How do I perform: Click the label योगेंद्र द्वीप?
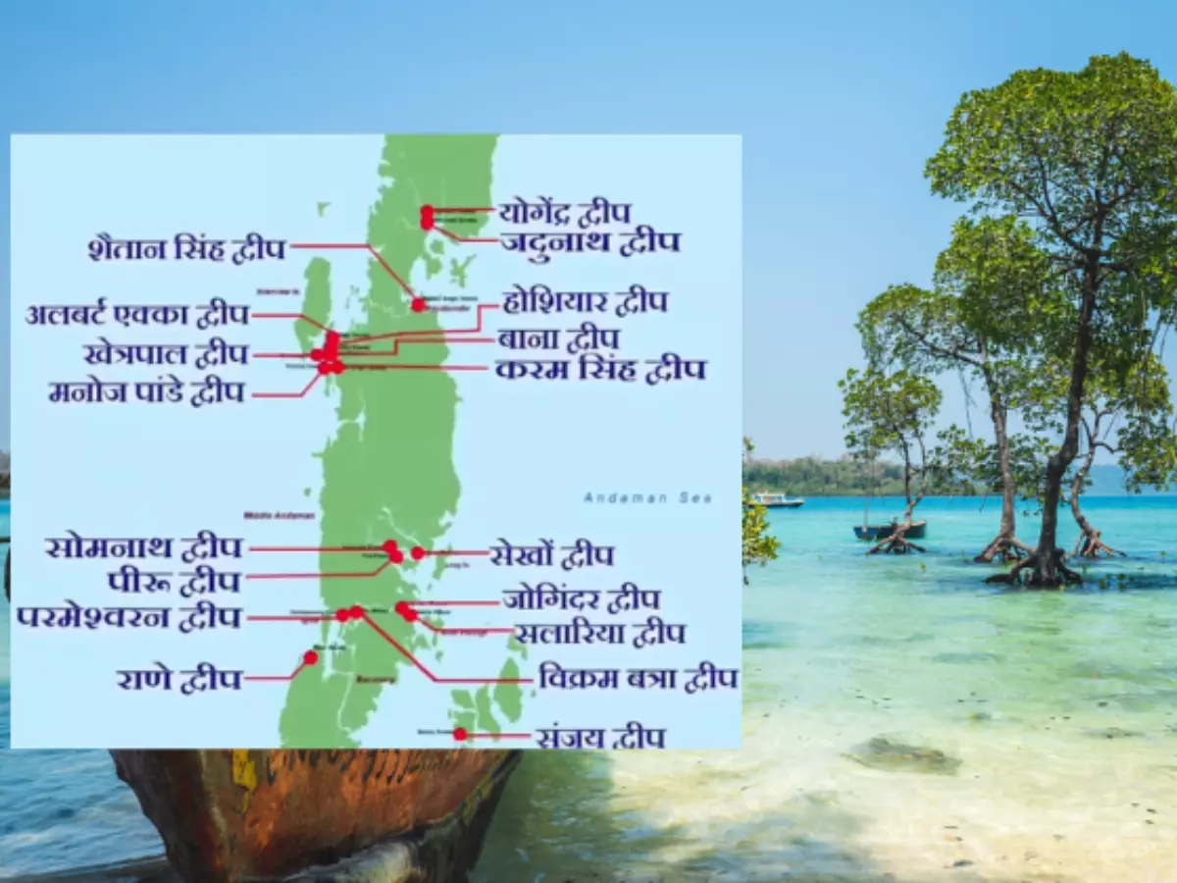[564, 211]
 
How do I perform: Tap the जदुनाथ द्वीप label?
[589, 241]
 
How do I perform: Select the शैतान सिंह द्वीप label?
[186, 248]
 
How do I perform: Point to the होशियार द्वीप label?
[585, 301]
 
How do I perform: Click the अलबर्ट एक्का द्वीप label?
[137, 315]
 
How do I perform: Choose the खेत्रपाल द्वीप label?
[166, 353]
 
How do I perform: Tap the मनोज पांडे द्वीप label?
[146, 392]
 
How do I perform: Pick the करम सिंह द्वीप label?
[600, 369]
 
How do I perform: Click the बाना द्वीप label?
[558, 338]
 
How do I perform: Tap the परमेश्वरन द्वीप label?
[128, 618]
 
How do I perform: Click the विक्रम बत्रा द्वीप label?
[638, 677]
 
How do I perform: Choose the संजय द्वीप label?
[599, 736]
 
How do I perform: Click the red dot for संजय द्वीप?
[460, 734]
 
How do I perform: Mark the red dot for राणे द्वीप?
[310, 657]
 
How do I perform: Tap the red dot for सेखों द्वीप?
[418, 553]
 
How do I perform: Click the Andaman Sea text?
[647, 498]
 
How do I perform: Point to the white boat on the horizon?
[777, 499]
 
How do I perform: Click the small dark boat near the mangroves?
[889, 530]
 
